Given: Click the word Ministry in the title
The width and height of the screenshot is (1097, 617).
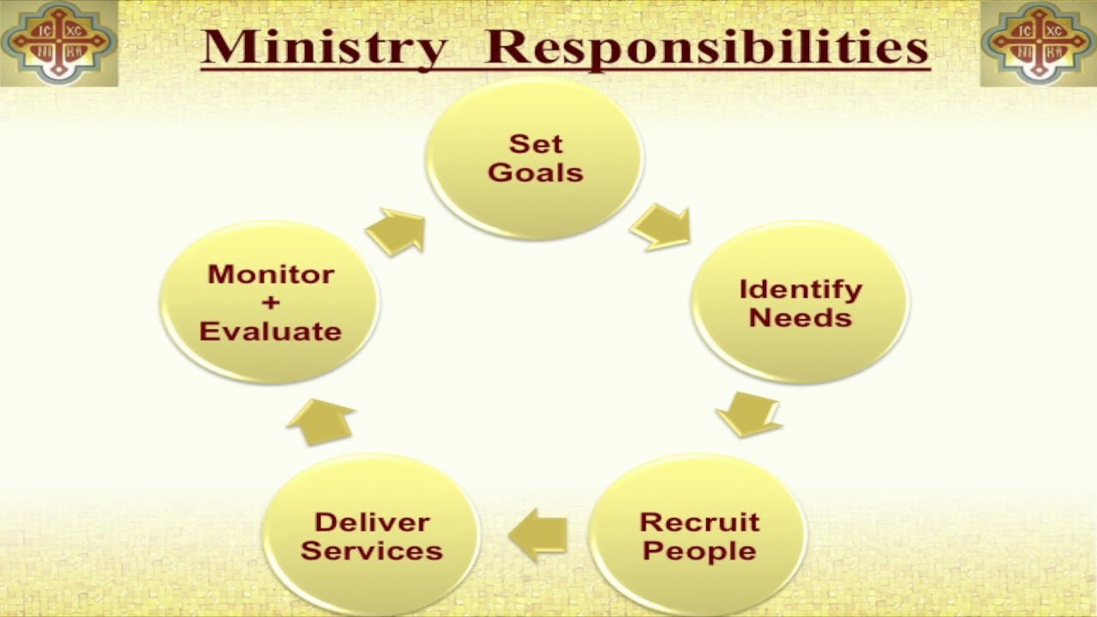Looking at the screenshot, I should point(324,48).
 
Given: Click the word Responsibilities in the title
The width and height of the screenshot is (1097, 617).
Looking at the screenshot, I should point(706,48).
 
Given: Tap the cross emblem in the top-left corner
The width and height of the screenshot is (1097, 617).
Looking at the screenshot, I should point(57,43).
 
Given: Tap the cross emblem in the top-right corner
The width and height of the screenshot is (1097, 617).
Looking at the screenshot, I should point(1038,43).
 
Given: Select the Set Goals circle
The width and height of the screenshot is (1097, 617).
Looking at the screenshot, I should point(535,159).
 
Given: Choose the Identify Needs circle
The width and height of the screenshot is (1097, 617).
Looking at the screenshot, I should point(800,303).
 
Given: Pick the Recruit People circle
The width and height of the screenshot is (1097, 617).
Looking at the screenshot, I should point(698,536).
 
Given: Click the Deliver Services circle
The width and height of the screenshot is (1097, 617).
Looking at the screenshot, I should point(371,536).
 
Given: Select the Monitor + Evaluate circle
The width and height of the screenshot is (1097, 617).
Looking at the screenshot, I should point(270,303).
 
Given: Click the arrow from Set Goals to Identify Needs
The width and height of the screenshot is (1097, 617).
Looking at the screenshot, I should point(661,228).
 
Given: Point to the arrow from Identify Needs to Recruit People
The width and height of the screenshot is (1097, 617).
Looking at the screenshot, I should point(747,414).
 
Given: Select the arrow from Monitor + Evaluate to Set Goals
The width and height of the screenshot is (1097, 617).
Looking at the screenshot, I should point(397,231).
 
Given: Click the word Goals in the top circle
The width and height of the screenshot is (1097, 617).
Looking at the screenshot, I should point(535,172).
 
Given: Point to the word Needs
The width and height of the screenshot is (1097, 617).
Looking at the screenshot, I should point(800,318).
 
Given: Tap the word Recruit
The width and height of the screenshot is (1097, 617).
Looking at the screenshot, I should point(699,522).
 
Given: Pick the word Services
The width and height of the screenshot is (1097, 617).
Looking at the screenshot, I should point(371,550).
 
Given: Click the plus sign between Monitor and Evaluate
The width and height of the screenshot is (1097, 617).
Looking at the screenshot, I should point(270,303).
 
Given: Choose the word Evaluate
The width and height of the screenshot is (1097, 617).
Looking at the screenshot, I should point(270,331).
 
